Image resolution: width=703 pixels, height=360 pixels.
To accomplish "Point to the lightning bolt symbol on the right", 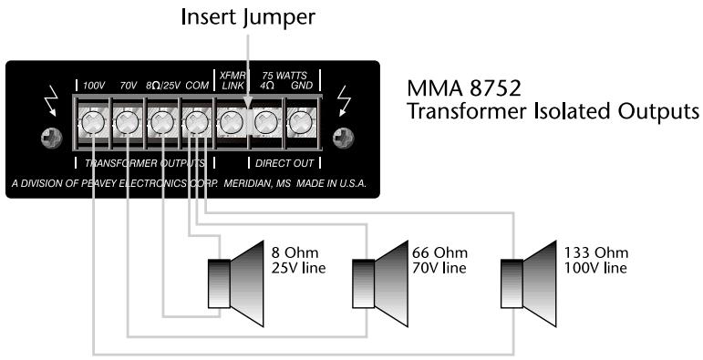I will coord(343,102).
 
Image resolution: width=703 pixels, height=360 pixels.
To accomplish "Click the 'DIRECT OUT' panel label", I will coord(284,163).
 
